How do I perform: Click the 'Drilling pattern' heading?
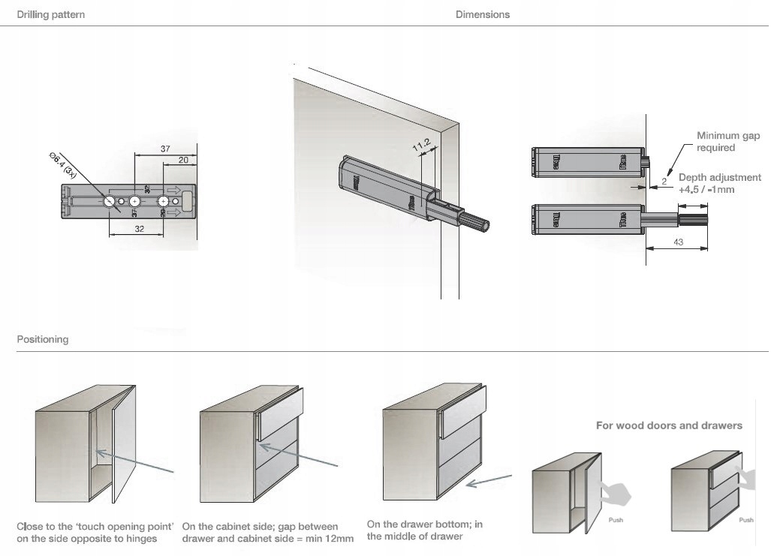tap(51, 15)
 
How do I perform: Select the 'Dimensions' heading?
tap(482, 15)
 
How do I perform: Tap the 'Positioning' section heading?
tap(43, 339)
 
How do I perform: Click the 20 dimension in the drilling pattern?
tap(183, 160)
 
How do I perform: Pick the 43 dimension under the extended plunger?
tap(678, 242)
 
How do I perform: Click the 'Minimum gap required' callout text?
tap(727, 142)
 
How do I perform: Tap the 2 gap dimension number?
tap(664, 181)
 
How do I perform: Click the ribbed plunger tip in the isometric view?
tap(475, 224)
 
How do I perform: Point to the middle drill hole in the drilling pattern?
tap(135, 201)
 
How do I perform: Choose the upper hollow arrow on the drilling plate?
tap(172, 190)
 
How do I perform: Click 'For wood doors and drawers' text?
tap(669, 425)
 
